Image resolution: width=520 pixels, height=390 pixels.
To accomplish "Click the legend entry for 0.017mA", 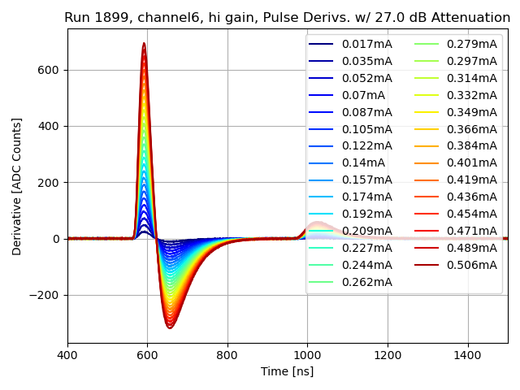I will [x=366, y=44].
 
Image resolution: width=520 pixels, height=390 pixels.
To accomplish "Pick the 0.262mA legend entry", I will [x=366, y=282].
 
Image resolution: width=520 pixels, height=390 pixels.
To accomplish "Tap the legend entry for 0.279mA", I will [x=472, y=44].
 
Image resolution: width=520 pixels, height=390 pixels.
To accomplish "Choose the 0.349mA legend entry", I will [x=472, y=112].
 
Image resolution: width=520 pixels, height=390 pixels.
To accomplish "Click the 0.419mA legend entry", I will [x=472, y=180].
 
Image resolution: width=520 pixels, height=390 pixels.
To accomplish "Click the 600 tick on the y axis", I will [x=50, y=70].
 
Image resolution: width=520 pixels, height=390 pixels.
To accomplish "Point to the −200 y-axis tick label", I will [x=45, y=295].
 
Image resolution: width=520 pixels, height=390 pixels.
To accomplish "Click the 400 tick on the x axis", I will [x=67, y=355].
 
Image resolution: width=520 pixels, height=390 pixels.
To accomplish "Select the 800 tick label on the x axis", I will [x=227, y=355].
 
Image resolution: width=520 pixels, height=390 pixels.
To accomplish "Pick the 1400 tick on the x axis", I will [x=467, y=355].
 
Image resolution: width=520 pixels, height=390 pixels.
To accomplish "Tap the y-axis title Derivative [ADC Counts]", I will [x=17, y=186].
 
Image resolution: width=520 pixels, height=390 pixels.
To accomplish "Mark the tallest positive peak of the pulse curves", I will [x=144, y=44].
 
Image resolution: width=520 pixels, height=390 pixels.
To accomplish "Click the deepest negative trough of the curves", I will [x=171, y=327].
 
